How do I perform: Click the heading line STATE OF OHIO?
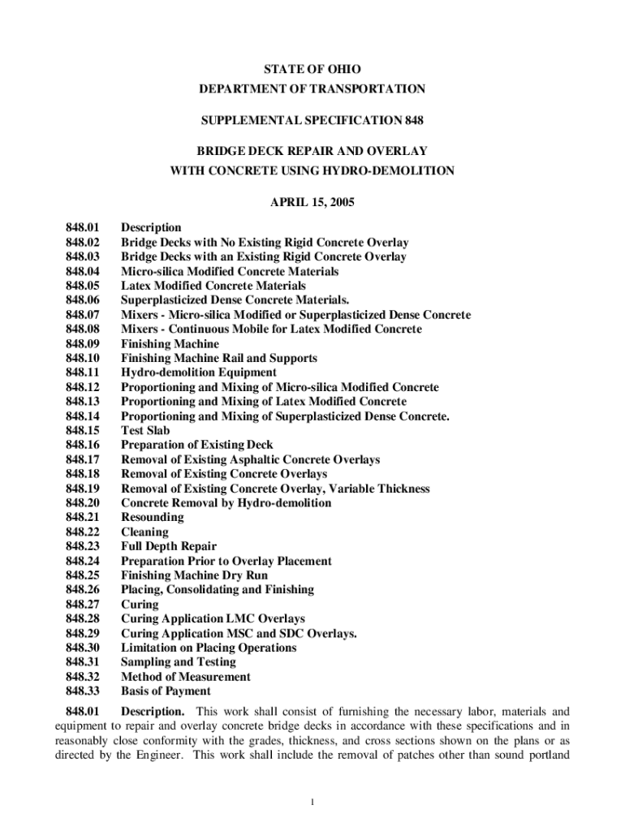tap(312, 70)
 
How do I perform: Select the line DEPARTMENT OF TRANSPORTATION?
tap(312, 88)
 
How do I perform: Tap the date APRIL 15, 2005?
tap(312, 201)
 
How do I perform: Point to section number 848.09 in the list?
tap(82, 344)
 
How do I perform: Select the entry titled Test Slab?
tap(145, 431)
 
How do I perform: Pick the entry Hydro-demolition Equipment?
tap(199, 372)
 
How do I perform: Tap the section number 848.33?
tap(82, 691)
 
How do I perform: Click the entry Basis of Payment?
tap(166, 691)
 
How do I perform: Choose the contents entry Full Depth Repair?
tap(169, 547)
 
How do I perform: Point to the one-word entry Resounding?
tap(152, 518)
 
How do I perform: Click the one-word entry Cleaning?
tap(144, 532)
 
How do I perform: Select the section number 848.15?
tap(82, 431)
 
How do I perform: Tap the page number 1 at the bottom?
tap(312, 803)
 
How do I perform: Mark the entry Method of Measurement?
tap(186, 677)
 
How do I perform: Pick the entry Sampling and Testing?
tap(179, 662)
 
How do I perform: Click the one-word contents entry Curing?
tap(140, 605)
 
